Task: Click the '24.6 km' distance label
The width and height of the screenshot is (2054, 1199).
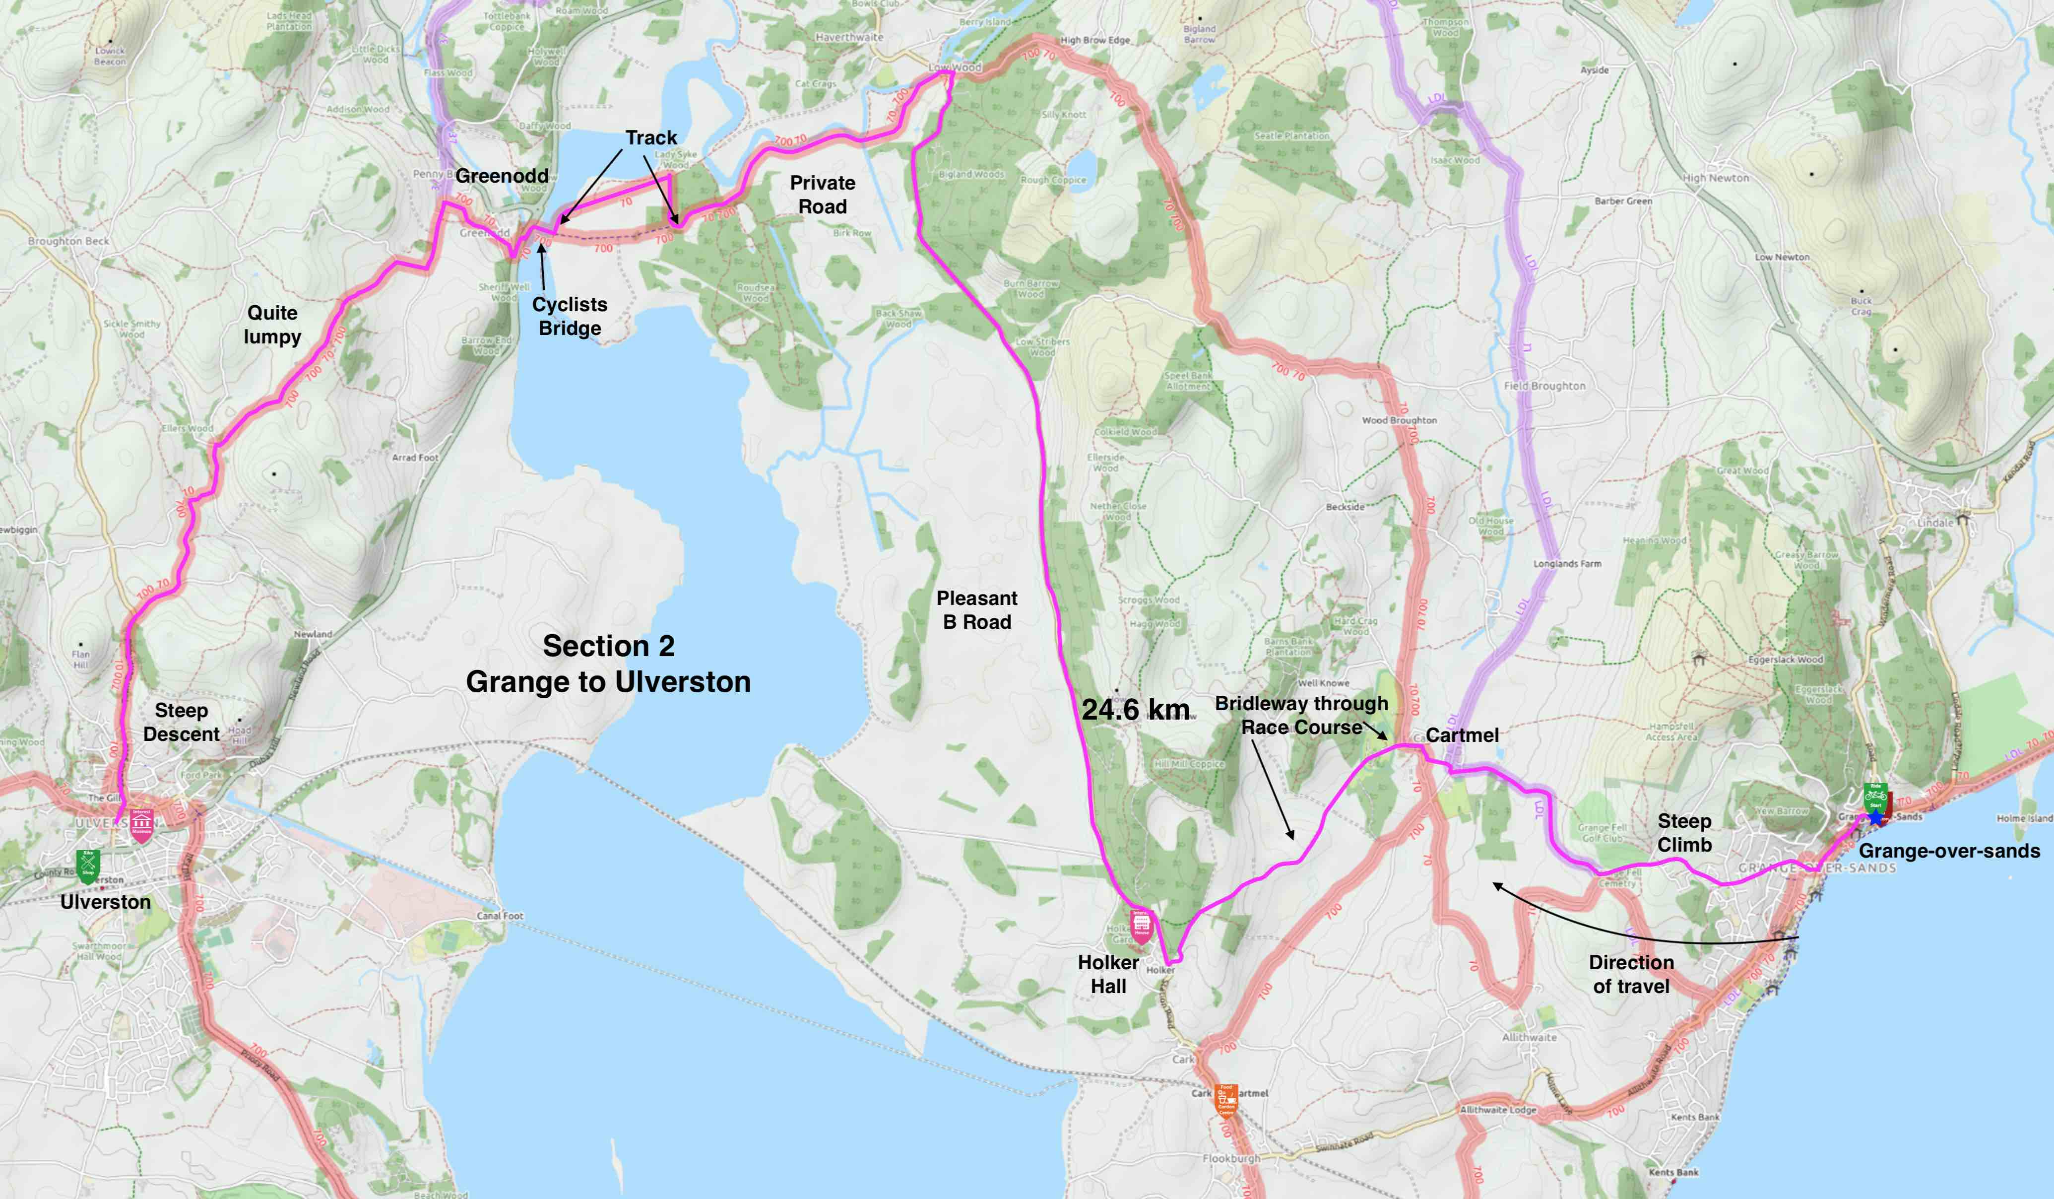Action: click(x=1135, y=709)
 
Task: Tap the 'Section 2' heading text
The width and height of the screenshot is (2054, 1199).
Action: click(x=608, y=646)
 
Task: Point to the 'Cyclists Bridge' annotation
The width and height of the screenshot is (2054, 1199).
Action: click(x=570, y=316)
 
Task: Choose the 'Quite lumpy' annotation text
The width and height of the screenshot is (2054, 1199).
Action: click(x=272, y=325)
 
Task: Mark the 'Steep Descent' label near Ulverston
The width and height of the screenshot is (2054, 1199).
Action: click(x=181, y=722)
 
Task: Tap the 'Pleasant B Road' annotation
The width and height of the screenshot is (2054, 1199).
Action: click(x=976, y=610)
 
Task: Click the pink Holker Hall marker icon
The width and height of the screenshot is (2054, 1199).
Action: click(x=1140, y=925)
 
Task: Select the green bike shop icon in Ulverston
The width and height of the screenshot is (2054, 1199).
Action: click(x=88, y=866)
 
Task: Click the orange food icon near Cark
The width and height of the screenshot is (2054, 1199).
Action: click(x=1226, y=1099)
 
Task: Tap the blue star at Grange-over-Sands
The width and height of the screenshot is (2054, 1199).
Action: click(x=1875, y=816)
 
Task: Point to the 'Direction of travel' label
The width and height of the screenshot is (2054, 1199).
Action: click(x=1631, y=974)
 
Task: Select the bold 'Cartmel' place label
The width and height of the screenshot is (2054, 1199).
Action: click(x=1462, y=735)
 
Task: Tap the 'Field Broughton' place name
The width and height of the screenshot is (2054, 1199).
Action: click(x=1544, y=387)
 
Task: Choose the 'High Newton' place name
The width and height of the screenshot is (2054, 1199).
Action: click(x=1716, y=178)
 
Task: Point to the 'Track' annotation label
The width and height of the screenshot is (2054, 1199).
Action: click(x=651, y=138)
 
